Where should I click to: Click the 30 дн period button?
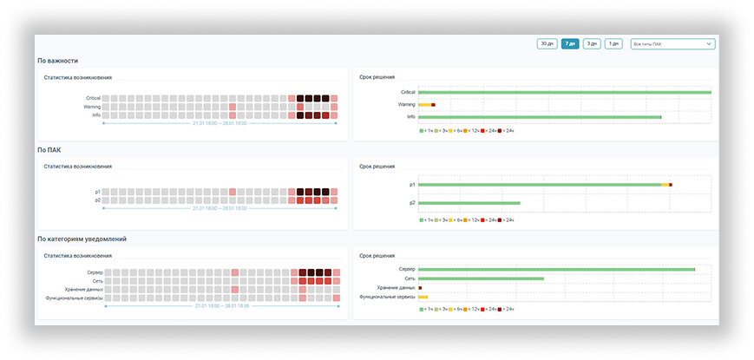[x=547, y=43]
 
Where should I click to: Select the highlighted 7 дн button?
[x=570, y=43]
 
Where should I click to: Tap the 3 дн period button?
[x=592, y=43]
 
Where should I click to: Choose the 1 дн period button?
[x=613, y=43]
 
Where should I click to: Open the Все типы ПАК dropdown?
[x=672, y=43]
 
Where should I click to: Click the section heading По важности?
[x=57, y=61]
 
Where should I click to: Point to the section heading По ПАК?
[x=49, y=149]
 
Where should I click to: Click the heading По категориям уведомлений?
[x=79, y=239]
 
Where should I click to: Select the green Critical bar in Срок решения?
[x=564, y=92]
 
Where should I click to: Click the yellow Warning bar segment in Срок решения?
[x=424, y=104]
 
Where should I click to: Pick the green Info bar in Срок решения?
[x=539, y=116]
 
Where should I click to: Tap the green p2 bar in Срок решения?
[x=469, y=203]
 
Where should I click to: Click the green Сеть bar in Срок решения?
[x=481, y=278]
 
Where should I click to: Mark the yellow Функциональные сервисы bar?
[x=423, y=297]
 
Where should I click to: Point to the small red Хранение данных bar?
[x=420, y=288]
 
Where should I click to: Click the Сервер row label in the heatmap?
[x=95, y=272]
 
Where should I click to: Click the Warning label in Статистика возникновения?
[x=92, y=107]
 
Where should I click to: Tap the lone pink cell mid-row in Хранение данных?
[x=233, y=290]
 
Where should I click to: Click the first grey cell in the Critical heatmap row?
[x=107, y=99]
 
